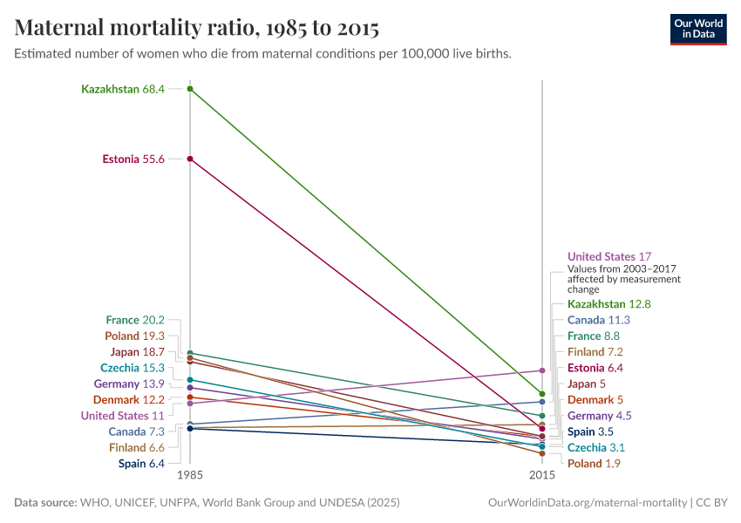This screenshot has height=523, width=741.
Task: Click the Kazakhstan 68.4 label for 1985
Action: (123, 89)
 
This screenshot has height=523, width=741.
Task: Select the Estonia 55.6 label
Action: (133, 159)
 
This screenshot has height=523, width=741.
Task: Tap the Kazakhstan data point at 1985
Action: (190, 89)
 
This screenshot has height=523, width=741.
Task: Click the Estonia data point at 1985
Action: (190, 159)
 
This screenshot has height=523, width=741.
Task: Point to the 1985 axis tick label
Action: (190, 476)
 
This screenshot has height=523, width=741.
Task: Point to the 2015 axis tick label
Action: (542, 476)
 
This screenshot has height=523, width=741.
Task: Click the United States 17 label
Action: (609, 257)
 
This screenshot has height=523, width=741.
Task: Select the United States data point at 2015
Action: (542, 370)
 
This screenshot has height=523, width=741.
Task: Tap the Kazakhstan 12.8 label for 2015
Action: (609, 304)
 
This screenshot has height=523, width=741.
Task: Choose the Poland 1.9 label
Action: (594, 464)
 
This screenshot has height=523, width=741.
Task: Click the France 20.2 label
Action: (135, 321)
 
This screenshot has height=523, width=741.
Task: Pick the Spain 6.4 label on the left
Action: (141, 464)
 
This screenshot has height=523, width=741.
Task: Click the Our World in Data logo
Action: (697, 29)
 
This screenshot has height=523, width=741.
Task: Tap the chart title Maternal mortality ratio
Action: (197, 28)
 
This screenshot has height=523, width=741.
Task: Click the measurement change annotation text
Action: (623, 279)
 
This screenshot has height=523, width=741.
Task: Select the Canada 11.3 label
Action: (599, 320)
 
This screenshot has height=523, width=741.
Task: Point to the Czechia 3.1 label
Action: (596, 448)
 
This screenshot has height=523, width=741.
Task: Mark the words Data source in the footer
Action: (45, 503)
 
